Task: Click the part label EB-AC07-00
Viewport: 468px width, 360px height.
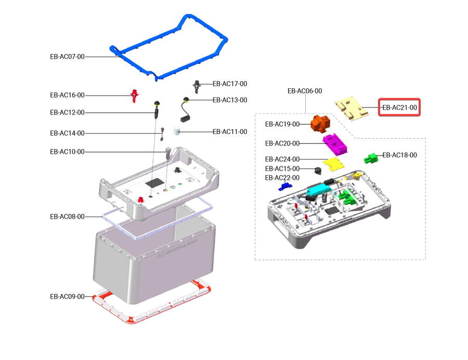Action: pyautogui.click(x=67, y=57)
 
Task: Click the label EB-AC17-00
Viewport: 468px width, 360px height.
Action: pyautogui.click(x=230, y=84)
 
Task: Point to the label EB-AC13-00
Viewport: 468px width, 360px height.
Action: pyautogui.click(x=230, y=100)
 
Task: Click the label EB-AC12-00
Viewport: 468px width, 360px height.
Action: pyautogui.click(x=67, y=112)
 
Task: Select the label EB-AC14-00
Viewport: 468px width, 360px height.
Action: pyautogui.click(x=67, y=133)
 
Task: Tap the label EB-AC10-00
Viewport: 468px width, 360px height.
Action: pyautogui.click(x=67, y=152)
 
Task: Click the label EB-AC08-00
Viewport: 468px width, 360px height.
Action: pyautogui.click(x=67, y=216)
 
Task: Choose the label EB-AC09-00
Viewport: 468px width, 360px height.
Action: pyautogui.click(x=67, y=297)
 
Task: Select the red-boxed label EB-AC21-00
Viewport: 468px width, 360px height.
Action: pyautogui.click(x=399, y=108)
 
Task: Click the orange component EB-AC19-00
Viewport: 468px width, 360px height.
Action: pyautogui.click(x=320, y=123)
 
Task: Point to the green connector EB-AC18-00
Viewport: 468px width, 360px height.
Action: pyautogui.click(x=371, y=157)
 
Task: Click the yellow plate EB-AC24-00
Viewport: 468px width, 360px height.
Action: pyautogui.click(x=333, y=164)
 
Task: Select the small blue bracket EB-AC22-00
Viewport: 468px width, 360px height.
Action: pyautogui.click(x=284, y=186)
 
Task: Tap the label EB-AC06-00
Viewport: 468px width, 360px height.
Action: pyautogui.click(x=305, y=91)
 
